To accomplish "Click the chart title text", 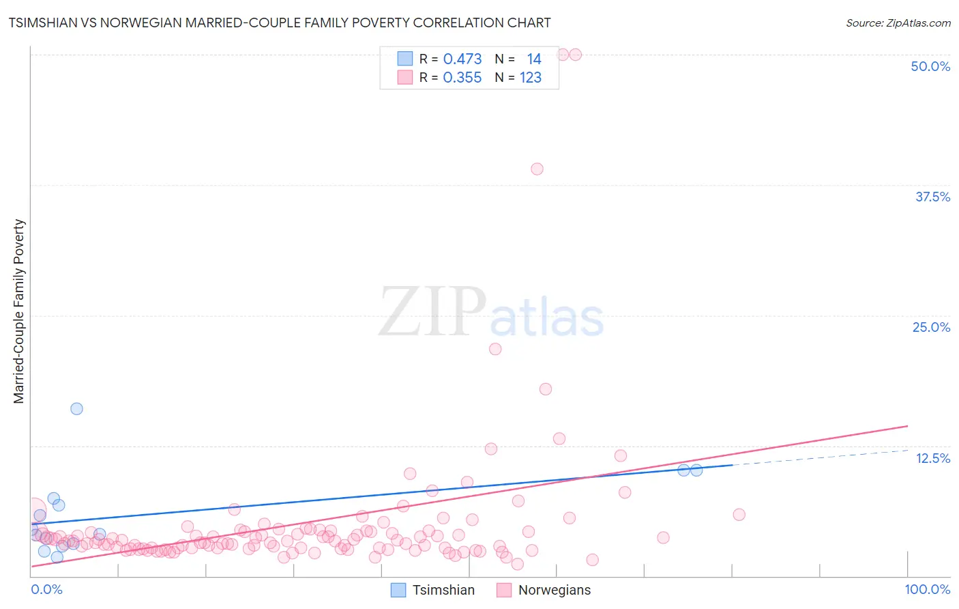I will pyautogui.click(x=280, y=23).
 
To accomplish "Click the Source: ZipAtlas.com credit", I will pyautogui.click(x=898, y=23).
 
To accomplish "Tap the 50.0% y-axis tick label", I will pyautogui.click(x=930, y=66).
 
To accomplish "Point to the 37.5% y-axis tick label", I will pyautogui.click(x=932, y=197).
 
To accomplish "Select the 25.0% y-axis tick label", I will pyautogui.click(x=931, y=327).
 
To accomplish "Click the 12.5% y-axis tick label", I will pyautogui.click(x=932, y=458).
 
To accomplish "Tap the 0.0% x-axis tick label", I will pyautogui.click(x=46, y=589).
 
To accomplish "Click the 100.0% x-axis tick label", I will pyautogui.click(x=927, y=589).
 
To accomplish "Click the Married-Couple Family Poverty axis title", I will pyautogui.click(x=19, y=311).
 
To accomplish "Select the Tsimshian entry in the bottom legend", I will pyautogui.click(x=432, y=590).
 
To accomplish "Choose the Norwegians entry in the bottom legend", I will pyautogui.click(x=544, y=590).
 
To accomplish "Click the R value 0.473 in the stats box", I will pyautogui.click(x=462, y=59).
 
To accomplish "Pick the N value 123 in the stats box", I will pyautogui.click(x=530, y=78).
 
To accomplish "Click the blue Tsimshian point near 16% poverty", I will pyautogui.click(x=76, y=408).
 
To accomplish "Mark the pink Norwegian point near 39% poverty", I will pyautogui.click(x=537, y=169).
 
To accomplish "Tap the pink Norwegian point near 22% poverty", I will pyautogui.click(x=495, y=349).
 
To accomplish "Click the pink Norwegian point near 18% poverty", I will pyautogui.click(x=546, y=389).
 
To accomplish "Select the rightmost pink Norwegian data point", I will pyautogui.click(x=739, y=515).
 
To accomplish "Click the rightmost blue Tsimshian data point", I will pyautogui.click(x=696, y=470).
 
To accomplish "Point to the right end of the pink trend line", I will pyautogui.click(x=907, y=426).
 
